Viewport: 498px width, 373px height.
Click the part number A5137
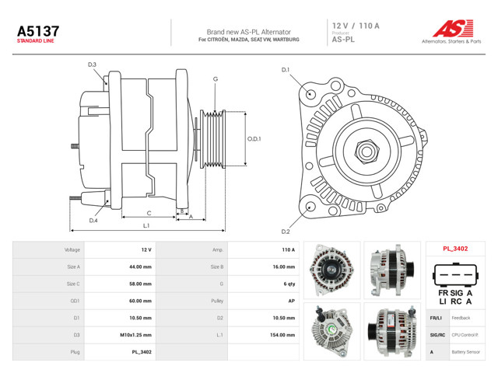[x=38, y=31]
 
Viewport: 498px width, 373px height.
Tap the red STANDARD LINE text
[x=35, y=41]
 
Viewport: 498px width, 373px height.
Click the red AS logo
[x=453, y=28]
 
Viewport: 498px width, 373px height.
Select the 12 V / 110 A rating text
[x=356, y=26]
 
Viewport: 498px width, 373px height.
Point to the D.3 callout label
[x=92, y=64]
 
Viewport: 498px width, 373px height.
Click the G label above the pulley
[x=216, y=79]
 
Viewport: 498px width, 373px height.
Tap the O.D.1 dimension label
[x=254, y=139]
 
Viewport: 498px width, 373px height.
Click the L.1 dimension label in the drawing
[x=146, y=225]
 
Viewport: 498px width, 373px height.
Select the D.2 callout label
[x=286, y=232]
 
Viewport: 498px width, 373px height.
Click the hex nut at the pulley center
[x=366, y=152]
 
